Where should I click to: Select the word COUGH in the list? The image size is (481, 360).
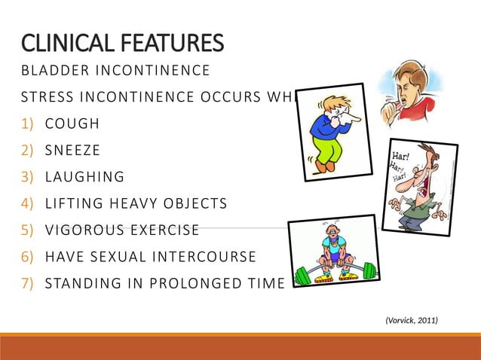(x=72, y=124)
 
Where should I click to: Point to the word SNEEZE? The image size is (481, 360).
(x=73, y=150)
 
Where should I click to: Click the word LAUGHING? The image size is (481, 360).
(x=84, y=177)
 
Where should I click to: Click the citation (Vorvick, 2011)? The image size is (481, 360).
(x=411, y=321)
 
